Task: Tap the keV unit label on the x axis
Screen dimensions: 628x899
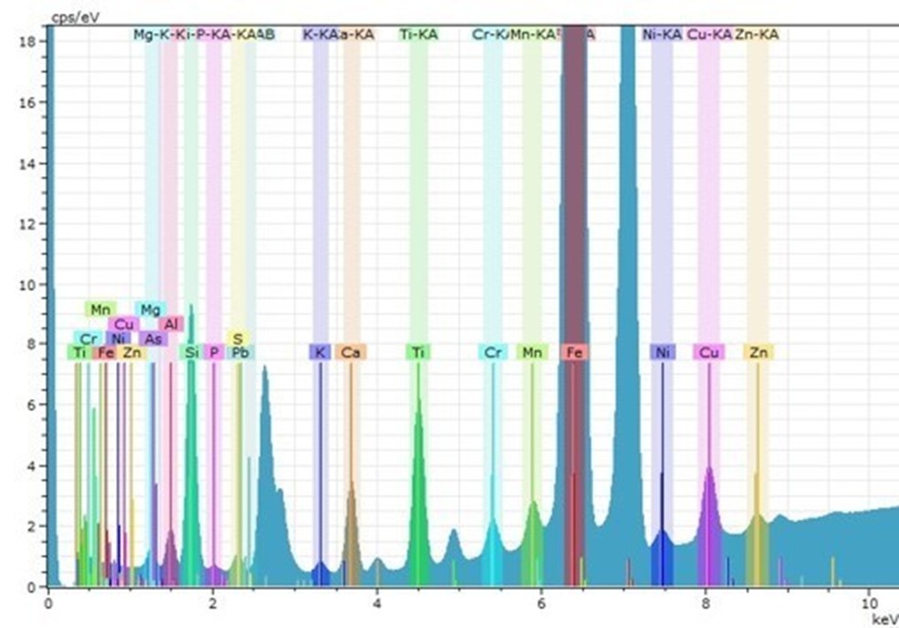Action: tap(884, 619)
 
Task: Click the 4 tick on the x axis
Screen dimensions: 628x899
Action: tap(377, 602)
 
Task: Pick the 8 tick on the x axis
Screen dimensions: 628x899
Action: tap(706, 602)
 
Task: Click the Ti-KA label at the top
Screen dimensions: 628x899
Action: tap(418, 35)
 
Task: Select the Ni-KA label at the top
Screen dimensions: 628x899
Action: tap(662, 35)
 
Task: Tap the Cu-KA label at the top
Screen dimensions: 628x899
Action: tap(708, 35)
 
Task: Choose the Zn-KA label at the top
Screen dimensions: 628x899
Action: tap(757, 35)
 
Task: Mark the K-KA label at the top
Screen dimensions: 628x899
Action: tap(320, 35)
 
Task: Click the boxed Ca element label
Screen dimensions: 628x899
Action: tap(351, 352)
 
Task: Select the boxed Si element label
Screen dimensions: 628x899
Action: tap(191, 352)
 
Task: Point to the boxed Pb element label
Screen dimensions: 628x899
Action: tap(241, 352)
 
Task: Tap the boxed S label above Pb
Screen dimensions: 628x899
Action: tap(237, 338)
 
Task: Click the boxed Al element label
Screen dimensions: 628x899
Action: tap(171, 324)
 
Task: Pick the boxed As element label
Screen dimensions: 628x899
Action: tap(154, 338)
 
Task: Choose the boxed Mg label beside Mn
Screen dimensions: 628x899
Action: tap(150, 309)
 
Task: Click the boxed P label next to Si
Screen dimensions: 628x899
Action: tap(213, 352)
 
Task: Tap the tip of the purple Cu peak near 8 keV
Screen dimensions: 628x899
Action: tap(708, 468)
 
